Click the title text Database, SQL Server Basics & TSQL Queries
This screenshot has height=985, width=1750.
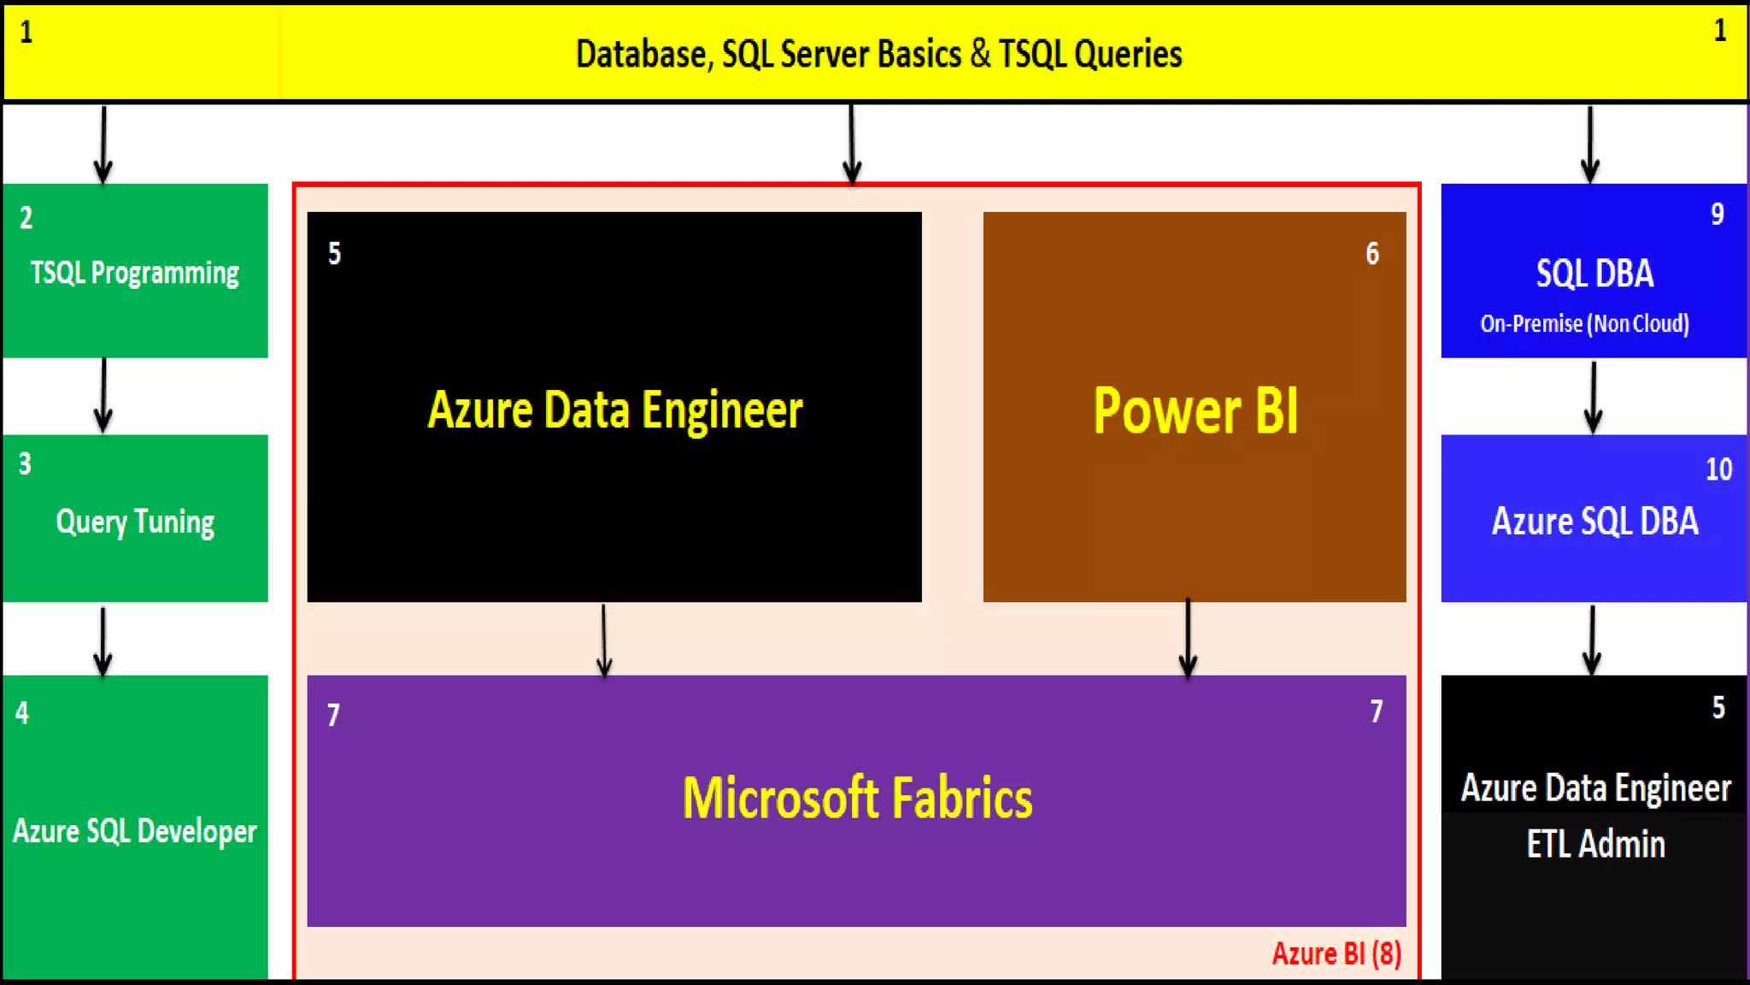878,54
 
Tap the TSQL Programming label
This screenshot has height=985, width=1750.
135,274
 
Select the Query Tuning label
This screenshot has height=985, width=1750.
135,522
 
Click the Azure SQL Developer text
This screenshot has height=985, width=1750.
135,831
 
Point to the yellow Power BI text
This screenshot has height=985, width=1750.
1195,411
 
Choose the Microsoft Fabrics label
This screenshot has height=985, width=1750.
857,798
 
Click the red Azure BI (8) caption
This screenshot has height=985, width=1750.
1336,953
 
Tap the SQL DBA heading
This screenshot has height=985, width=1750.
1594,274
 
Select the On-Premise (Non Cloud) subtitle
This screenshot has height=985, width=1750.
1585,324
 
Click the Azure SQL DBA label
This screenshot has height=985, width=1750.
1594,522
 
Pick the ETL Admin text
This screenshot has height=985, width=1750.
1595,845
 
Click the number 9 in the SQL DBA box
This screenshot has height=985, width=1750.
1718,215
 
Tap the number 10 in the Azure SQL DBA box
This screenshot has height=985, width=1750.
1718,469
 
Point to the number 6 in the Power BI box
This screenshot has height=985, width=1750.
1372,254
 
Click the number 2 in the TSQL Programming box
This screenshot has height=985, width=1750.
26,218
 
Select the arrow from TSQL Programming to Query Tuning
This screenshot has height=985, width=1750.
103,396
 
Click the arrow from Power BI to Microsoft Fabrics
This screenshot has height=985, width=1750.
1188,639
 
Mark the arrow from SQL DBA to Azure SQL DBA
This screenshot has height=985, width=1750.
1593,398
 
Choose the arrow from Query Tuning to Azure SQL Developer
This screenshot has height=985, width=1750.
103,640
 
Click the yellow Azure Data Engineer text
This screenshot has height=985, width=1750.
615,410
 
